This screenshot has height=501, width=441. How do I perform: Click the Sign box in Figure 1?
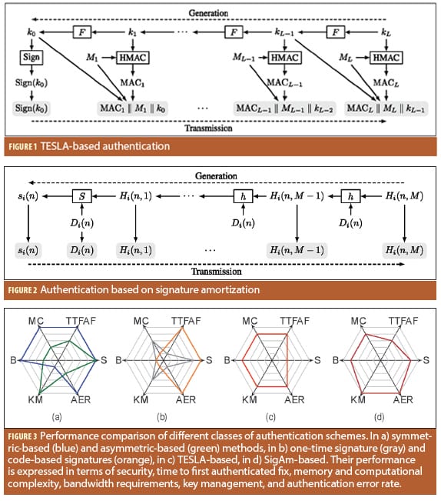pyautogui.click(x=31, y=58)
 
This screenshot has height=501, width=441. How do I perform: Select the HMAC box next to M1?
pyautogui.click(x=133, y=58)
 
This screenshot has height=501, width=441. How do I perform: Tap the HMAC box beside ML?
pyautogui.click(x=386, y=58)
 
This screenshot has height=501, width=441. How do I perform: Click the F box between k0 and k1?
pyautogui.click(x=82, y=32)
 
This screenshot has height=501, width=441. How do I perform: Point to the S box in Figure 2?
pyautogui.click(x=82, y=196)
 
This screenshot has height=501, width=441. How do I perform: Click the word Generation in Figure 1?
pyautogui.click(x=208, y=13)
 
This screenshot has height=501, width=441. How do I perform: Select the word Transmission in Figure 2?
pyautogui.click(x=217, y=272)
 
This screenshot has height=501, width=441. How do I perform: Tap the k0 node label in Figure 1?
pyautogui.click(x=31, y=32)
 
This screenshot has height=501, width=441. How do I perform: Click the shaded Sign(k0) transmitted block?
pyautogui.click(x=31, y=109)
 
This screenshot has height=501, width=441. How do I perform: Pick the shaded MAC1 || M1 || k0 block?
pyautogui.click(x=133, y=109)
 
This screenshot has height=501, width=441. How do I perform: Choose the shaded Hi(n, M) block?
pyautogui.click(x=404, y=250)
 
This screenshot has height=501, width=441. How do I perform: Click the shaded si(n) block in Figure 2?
pyautogui.click(x=28, y=250)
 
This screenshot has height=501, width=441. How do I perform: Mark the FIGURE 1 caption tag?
pyautogui.click(x=22, y=147)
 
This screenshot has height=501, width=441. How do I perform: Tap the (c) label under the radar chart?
pyautogui.click(x=270, y=417)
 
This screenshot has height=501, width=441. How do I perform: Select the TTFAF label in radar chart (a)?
pyautogui.click(x=81, y=321)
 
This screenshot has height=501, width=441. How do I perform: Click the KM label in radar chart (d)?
pyautogui.click(x=358, y=399)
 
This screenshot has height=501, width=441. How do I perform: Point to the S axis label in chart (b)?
pyautogui.click(x=209, y=360)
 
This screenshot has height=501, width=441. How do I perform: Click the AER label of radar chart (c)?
pyautogui.click(x=294, y=399)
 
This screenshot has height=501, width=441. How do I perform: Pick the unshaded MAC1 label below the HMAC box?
pyautogui.click(x=133, y=83)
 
